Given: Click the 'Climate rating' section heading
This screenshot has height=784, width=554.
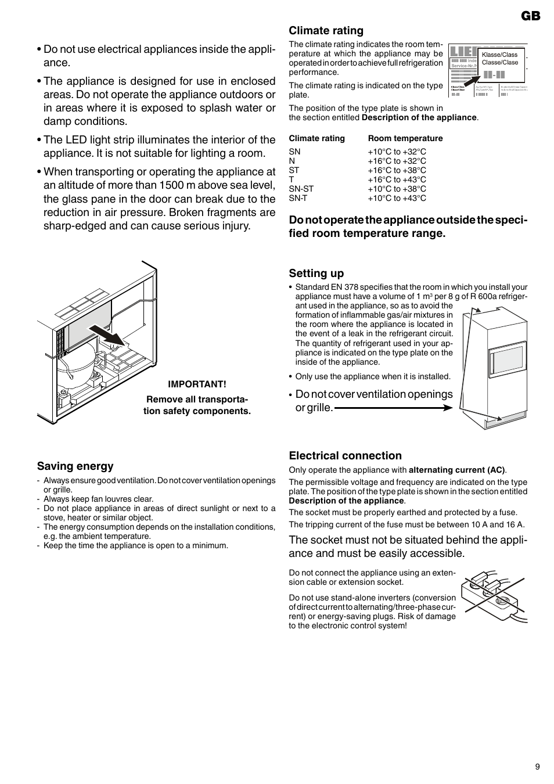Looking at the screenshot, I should coord(326,31).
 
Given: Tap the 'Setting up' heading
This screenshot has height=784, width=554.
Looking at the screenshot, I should coord(316,274).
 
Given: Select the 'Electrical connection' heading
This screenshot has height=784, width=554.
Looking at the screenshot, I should coord(345,456).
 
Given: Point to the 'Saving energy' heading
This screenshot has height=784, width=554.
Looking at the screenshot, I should coord(75,466).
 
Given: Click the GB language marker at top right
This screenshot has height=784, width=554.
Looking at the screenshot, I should coord(530,16).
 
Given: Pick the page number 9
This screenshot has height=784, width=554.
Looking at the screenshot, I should coord(537,767).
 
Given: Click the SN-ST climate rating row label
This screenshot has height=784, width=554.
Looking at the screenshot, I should coord(301,189).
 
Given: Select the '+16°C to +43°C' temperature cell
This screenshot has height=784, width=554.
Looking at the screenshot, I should coord(397,179).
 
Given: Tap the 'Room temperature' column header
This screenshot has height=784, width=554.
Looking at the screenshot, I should coord(405,138).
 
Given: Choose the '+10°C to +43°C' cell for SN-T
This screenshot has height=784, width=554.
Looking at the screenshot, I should coord(397,198).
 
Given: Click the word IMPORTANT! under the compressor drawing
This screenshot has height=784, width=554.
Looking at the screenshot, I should coord(197,384).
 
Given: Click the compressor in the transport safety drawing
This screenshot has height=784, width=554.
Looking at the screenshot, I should coord(82,368).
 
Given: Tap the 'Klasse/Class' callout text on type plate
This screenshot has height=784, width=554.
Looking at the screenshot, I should coord(499,55).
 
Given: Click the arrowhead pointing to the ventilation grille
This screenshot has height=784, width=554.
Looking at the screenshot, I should coord(448,408).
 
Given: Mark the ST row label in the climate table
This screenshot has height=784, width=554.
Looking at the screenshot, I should coord(294,170).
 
